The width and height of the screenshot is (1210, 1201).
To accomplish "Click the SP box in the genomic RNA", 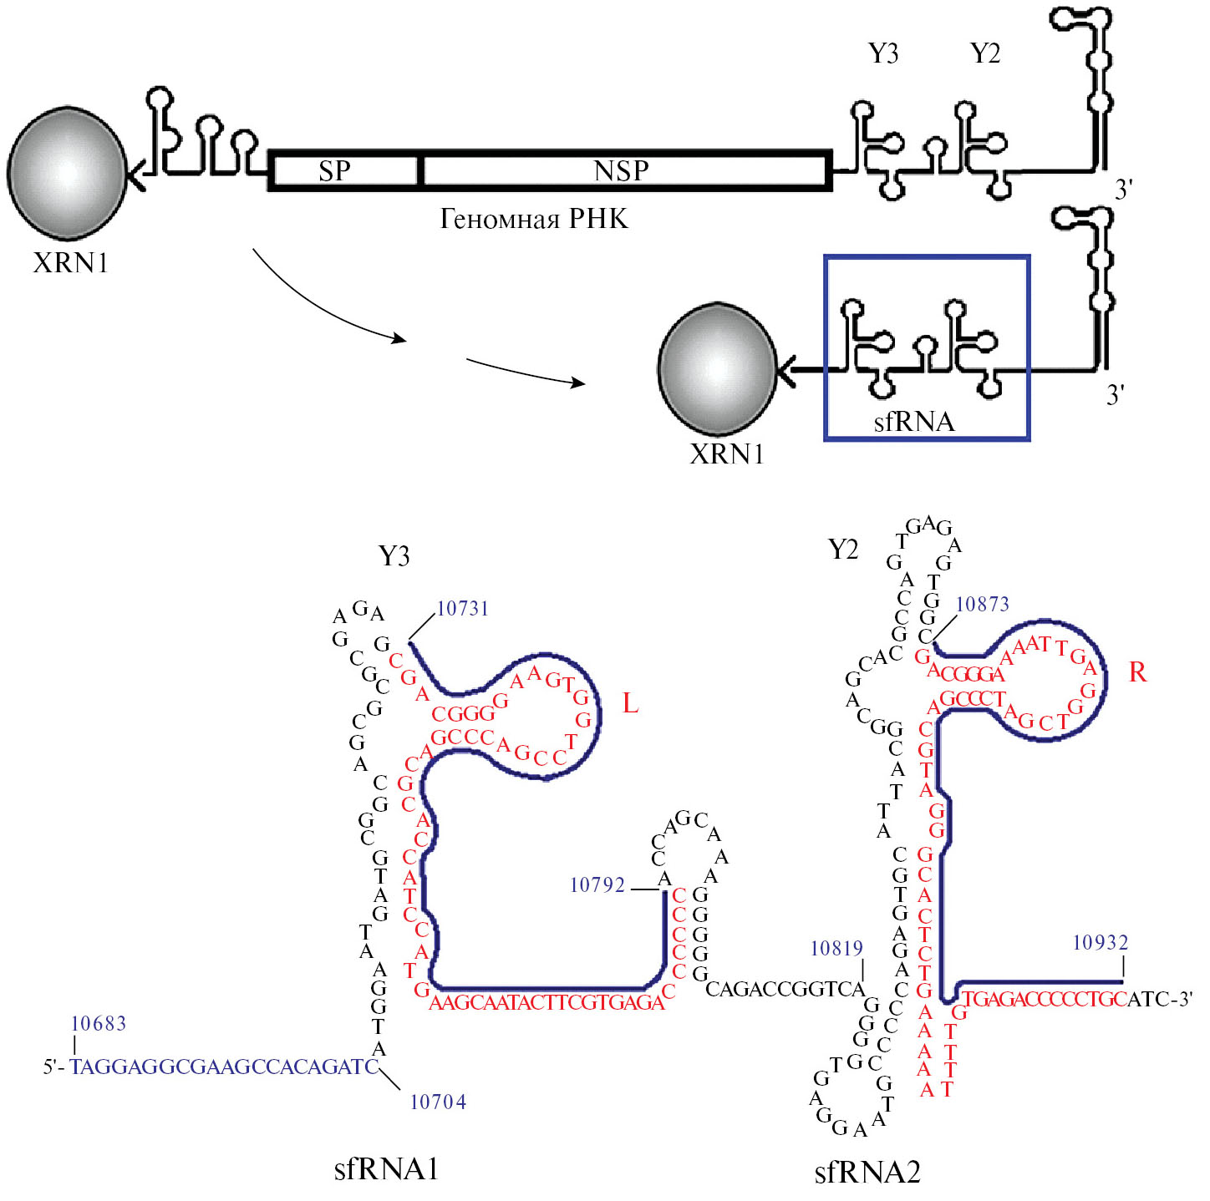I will pyautogui.click(x=343, y=170).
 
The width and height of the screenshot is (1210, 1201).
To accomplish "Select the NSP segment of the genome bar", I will pyautogui.click(x=623, y=170).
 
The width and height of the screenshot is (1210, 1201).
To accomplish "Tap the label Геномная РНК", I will pyautogui.click(x=534, y=219).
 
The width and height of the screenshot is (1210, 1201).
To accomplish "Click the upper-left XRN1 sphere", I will pyautogui.click(x=67, y=172).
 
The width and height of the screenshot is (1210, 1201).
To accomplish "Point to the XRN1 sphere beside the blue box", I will pyautogui.click(x=717, y=369).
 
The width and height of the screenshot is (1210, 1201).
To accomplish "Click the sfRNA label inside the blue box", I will pyautogui.click(x=914, y=421).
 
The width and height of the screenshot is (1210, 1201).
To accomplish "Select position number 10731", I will pyautogui.click(x=463, y=608).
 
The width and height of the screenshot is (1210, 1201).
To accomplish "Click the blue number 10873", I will pyautogui.click(x=982, y=604).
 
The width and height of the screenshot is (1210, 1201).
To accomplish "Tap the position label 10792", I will pyautogui.click(x=597, y=885).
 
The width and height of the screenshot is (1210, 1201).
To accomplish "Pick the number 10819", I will pyautogui.click(x=836, y=949).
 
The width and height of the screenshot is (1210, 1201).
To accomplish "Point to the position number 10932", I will pyautogui.click(x=1101, y=943).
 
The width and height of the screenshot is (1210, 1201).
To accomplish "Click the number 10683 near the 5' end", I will pyautogui.click(x=99, y=1024).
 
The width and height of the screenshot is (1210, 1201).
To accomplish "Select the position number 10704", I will pyautogui.click(x=438, y=1102).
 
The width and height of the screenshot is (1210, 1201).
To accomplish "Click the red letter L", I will pyautogui.click(x=630, y=704).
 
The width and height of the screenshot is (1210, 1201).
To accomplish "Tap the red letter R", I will pyautogui.click(x=1137, y=672).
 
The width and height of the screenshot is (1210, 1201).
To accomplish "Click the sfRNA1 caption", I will pyautogui.click(x=386, y=1168).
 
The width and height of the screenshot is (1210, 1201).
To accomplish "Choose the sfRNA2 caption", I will pyautogui.click(x=867, y=1172).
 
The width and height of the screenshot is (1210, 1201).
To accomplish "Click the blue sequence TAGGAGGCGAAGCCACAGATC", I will pyautogui.click(x=223, y=1067).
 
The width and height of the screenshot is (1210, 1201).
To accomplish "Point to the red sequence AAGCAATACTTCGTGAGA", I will pyautogui.click(x=546, y=1002).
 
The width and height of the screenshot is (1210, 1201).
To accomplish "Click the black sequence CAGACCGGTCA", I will pyautogui.click(x=785, y=990).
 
